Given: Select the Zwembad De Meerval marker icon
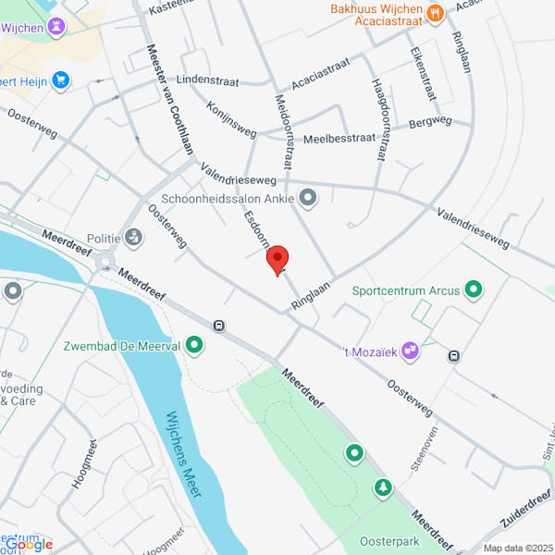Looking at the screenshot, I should click(194, 346).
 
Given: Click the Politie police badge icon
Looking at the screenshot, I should click(134, 238).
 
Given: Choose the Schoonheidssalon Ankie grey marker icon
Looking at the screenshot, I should click(308, 197).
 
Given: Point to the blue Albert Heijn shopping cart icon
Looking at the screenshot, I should click(61, 80).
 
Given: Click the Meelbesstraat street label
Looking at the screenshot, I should click(340, 137).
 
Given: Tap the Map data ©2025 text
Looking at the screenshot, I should click(516, 548).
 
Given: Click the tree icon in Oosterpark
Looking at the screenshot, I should click(382, 487).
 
